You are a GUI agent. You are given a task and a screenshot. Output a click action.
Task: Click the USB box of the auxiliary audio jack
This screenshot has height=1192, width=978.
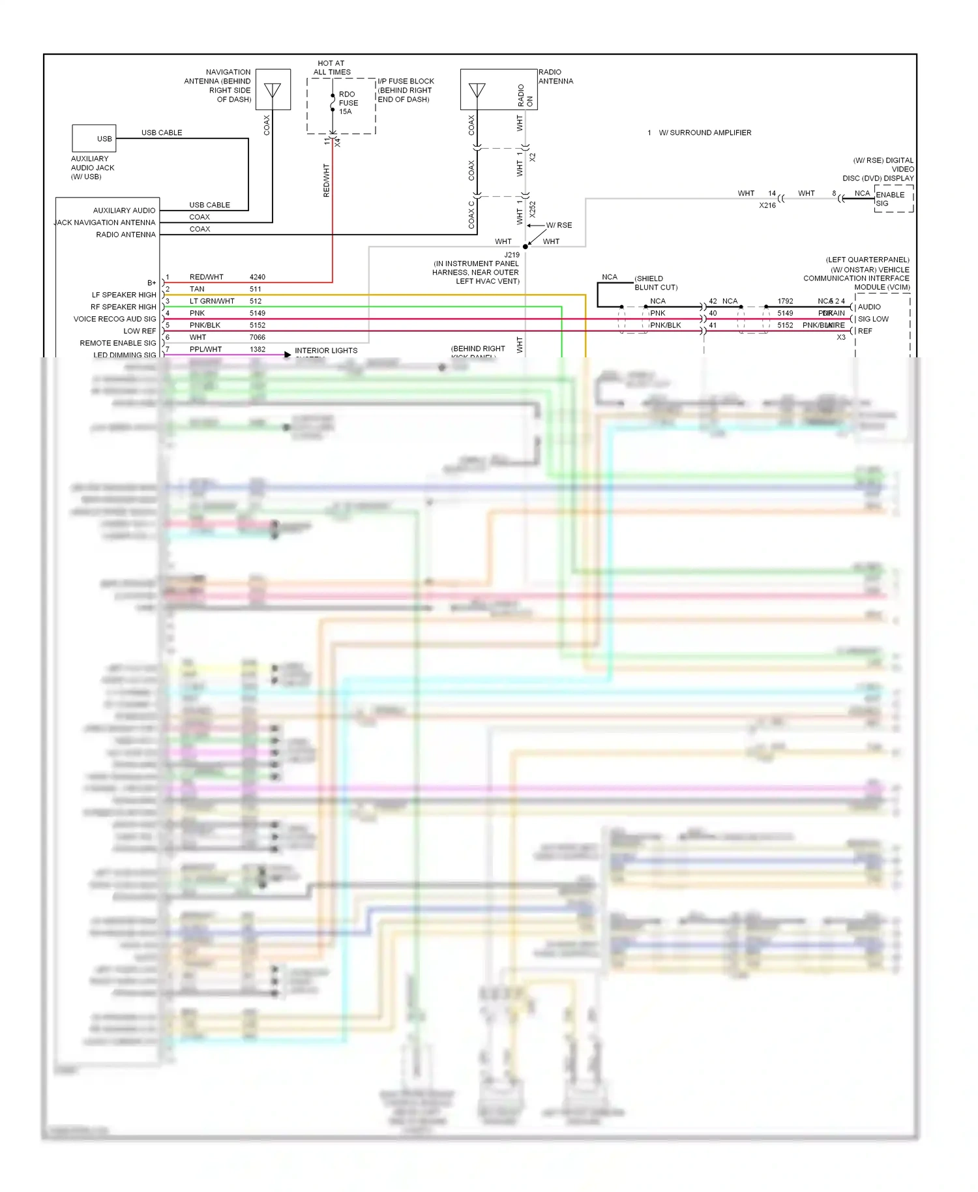pos(95,138)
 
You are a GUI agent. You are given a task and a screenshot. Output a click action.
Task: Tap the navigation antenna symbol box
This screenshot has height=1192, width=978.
pos(273,89)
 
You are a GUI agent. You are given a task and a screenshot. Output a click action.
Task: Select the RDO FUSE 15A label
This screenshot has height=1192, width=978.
pos(348,103)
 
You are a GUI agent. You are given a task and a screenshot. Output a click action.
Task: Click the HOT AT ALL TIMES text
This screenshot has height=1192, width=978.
pos(332,68)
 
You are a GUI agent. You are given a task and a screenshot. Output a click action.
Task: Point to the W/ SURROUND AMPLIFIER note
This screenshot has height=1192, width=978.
pos(705,133)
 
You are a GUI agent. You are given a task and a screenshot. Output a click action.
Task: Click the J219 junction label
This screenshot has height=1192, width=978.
pos(512,255)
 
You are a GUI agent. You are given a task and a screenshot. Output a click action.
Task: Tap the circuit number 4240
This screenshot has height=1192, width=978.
pos(258,277)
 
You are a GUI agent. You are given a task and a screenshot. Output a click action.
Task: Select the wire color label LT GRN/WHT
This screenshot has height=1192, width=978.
pos(212,301)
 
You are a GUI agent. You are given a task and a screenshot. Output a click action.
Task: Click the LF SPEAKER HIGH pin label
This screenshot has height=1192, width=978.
pos(124,295)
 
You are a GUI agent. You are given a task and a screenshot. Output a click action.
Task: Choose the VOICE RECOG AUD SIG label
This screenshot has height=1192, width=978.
pos(115,319)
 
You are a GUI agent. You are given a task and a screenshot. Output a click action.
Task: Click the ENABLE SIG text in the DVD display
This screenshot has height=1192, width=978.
pos(890,199)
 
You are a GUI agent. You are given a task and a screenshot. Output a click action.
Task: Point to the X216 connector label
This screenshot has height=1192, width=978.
pos(767,205)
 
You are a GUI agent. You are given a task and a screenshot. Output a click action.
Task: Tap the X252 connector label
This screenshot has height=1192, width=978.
pos(533,209)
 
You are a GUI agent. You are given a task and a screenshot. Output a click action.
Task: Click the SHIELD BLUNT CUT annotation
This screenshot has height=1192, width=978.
pos(656,283)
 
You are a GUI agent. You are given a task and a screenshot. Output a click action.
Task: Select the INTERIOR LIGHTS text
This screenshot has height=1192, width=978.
pos(326,351)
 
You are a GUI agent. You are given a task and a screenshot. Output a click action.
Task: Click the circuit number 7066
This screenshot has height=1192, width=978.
pos(258,337)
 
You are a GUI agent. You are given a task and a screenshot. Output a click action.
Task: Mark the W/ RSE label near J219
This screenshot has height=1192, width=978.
pos(559,226)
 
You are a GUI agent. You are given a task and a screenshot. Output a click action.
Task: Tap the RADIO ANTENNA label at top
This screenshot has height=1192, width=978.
pos(556,77)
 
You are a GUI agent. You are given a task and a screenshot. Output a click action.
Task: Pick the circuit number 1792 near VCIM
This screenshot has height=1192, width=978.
pos(785,301)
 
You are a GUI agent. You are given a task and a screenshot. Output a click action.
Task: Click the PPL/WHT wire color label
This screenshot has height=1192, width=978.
pos(205,350)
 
